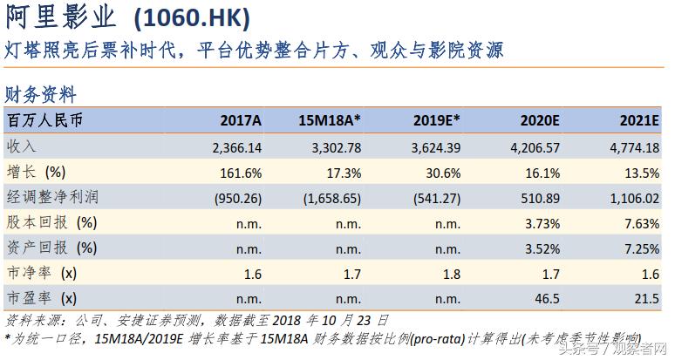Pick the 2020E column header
tap(539, 120)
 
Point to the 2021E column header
tap(638, 120)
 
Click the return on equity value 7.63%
tap(640, 223)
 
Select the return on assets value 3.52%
tap(541, 248)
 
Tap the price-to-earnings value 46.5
tap(546, 299)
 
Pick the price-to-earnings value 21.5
tap(645, 299)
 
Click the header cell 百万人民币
tap(44, 120)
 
